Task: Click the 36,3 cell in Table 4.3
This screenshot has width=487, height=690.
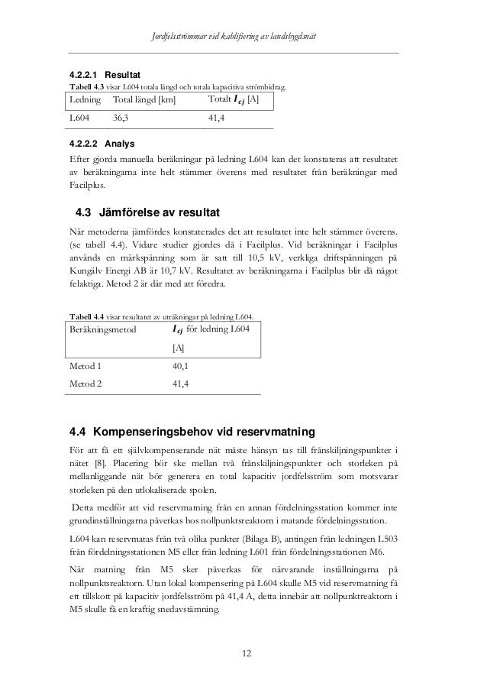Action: coord(121,118)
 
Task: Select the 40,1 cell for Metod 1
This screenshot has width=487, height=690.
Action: coord(182,365)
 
